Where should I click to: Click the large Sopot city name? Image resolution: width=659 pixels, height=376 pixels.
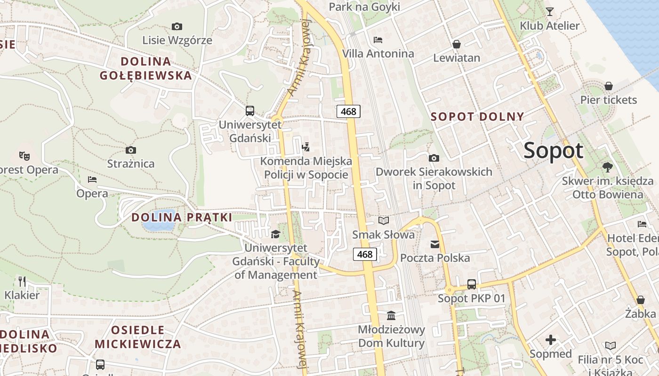(553, 151)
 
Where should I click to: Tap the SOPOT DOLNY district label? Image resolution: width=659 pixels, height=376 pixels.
(477, 117)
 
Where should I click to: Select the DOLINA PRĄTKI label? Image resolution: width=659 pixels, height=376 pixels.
(182, 218)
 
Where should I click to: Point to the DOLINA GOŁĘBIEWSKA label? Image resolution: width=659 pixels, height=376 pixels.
(146, 68)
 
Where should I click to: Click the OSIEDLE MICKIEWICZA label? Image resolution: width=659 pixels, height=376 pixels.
(138, 337)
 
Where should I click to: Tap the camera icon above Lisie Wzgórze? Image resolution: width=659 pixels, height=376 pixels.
(177, 27)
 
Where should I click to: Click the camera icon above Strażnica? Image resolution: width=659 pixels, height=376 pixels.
(131, 150)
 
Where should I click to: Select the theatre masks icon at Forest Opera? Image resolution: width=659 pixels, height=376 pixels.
(24, 155)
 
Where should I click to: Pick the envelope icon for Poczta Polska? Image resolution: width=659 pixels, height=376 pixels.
(434, 244)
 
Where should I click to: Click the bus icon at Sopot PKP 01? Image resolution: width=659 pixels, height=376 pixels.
(472, 284)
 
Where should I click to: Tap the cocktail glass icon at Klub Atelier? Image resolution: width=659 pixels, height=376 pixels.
(549, 12)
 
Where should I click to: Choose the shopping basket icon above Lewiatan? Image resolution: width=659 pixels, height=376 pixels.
(456, 45)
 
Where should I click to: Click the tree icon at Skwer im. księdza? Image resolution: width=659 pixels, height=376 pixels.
(607, 167)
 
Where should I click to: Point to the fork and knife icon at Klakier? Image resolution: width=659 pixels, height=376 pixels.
(22, 281)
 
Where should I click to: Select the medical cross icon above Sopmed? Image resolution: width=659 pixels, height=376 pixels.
(550, 339)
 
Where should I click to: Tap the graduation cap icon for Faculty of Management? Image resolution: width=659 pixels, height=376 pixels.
(275, 234)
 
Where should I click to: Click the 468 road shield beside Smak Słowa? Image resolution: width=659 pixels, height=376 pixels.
(365, 254)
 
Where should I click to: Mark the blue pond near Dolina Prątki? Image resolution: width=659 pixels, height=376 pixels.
(159, 221)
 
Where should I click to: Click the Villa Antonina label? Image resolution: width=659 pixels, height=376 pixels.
(378, 54)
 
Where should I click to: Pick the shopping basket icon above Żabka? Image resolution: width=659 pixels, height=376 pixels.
(640, 300)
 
